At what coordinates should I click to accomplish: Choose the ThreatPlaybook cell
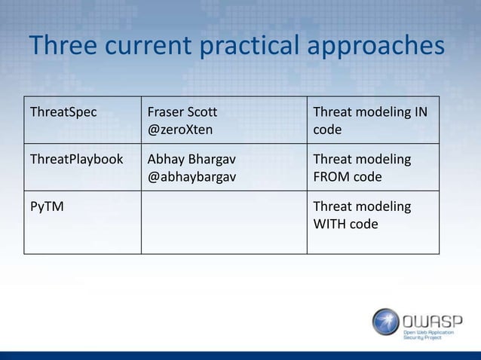pyautogui.click(x=75, y=160)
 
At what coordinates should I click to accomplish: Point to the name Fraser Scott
pyautogui.click(x=182, y=113)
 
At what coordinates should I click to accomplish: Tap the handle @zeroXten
pyautogui.click(x=179, y=130)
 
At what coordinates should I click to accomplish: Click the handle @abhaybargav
pyautogui.click(x=191, y=178)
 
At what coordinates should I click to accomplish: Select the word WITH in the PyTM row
pyautogui.click(x=329, y=224)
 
